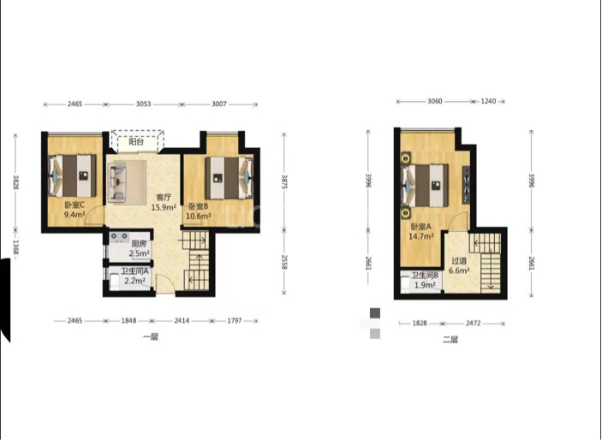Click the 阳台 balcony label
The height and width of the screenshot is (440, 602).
pyautogui.click(x=136, y=142)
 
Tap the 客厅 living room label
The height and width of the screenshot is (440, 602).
pyautogui.click(x=164, y=198)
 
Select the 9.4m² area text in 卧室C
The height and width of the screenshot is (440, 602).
pyautogui.click(x=75, y=215)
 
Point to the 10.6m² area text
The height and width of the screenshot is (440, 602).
pyautogui.click(x=199, y=217)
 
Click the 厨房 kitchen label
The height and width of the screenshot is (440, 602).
pyautogui.click(x=139, y=244)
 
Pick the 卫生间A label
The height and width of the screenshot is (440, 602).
pyautogui.click(x=134, y=271)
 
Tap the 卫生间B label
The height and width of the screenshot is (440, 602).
pyautogui.click(x=425, y=276)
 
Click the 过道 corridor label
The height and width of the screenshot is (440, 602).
pyautogui.click(x=459, y=261)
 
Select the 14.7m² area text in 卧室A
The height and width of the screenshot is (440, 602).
pyautogui.click(x=420, y=236)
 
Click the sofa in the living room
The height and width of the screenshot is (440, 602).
pyautogui.click(x=117, y=182)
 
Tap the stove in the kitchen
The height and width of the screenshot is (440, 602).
pyautogui.click(x=120, y=238)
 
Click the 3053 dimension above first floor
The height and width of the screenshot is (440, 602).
pyautogui.click(x=144, y=104)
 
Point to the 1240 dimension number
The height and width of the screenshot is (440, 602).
pyautogui.click(x=488, y=101)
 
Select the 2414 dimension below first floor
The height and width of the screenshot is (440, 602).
pyautogui.click(x=182, y=321)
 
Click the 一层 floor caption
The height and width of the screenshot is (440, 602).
pyautogui.click(x=151, y=337)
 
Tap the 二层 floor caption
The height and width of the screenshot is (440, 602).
pyautogui.click(x=450, y=339)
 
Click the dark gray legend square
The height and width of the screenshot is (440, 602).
pyautogui.click(x=375, y=313)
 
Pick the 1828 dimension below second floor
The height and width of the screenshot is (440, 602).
pyautogui.click(x=420, y=324)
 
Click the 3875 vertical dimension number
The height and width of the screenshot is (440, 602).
pyautogui.click(x=284, y=182)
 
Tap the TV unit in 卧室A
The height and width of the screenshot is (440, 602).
pyautogui.click(x=466, y=185)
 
